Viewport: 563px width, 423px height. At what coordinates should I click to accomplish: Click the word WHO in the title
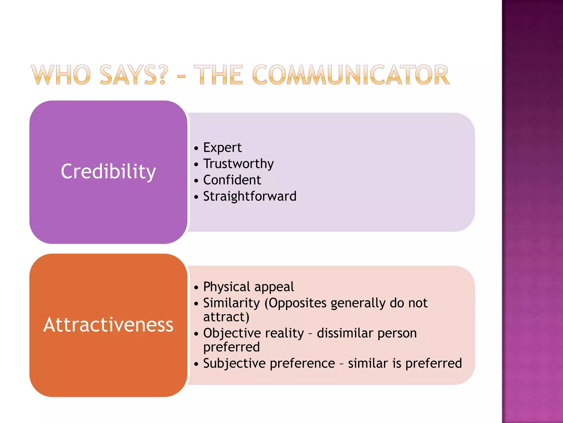[x=61, y=75]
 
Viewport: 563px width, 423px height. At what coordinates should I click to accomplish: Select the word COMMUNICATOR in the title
[x=351, y=75]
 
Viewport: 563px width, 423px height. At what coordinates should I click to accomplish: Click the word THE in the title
[x=219, y=75]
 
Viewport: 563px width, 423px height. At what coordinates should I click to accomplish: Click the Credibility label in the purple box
[x=108, y=172]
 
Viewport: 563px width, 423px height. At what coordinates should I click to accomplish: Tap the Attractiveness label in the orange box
[x=108, y=325]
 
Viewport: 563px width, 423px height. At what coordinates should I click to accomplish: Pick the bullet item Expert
[x=222, y=148]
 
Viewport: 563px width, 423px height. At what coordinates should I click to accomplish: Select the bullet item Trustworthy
[x=238, y=164]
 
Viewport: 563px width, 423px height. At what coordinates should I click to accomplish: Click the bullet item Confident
[x=232, y=180]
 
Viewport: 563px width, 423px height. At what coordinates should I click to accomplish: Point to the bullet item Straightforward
[x=250, y=196]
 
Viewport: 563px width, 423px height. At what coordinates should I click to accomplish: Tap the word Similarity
[x=231, y=303]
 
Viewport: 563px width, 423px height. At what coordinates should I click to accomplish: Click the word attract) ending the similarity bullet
[x=226, y=317]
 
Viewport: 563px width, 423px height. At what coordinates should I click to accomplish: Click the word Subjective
[x=234, y=364]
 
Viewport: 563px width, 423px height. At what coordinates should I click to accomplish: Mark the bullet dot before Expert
[x=196, y=148]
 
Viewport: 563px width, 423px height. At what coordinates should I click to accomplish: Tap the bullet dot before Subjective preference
[x=196, y=364]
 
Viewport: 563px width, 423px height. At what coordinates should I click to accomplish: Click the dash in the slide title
[x=181, y=76]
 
